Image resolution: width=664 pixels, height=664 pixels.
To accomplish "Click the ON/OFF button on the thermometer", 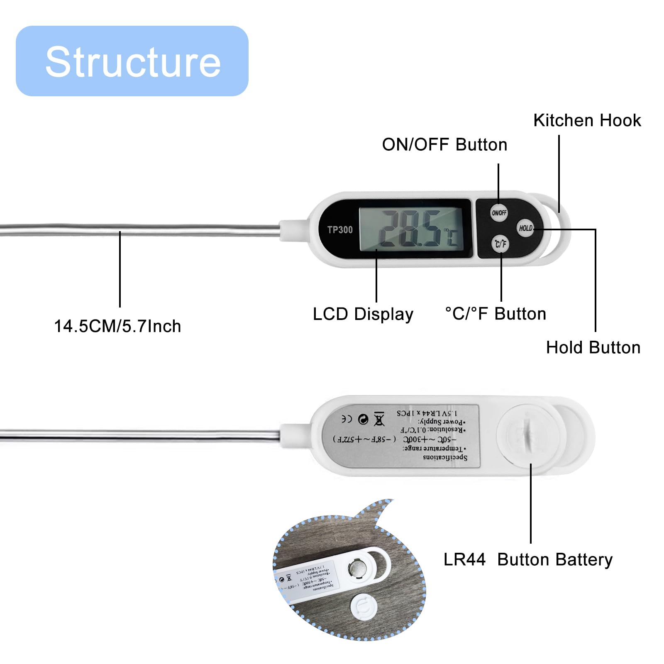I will pyautogui.click(x=498, y=212).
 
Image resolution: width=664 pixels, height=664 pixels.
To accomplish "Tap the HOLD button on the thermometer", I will pyautogui.click(x=525, y=228).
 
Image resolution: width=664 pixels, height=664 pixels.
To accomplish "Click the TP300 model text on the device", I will pyautogui.click(x=340, y=229).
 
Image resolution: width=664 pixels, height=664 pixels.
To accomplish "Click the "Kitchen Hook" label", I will pyautogui.click(x=587, y=120).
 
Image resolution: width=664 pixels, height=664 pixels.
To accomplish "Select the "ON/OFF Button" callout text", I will pyautogui.click(x=444, y=144).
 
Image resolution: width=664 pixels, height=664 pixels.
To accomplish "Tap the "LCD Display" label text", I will pyautogui.click(x=363, y=314).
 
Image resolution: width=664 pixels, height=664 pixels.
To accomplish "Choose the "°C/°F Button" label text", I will pyautogui.click(x=496, y=314).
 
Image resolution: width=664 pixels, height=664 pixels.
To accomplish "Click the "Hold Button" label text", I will pyautogui.click(x=593, y=347).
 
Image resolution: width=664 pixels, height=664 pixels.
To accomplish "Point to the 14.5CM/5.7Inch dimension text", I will pyautogui.click(x=117, y=326).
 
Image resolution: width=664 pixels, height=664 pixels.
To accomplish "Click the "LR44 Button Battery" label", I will pyautogui.click(x=528, y=559).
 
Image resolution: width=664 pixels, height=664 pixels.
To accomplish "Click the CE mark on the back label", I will pyautogui.click(x=347, y=419).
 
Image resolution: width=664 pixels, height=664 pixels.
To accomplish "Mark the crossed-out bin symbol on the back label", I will pyautogui.click(x=379, y=419).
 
